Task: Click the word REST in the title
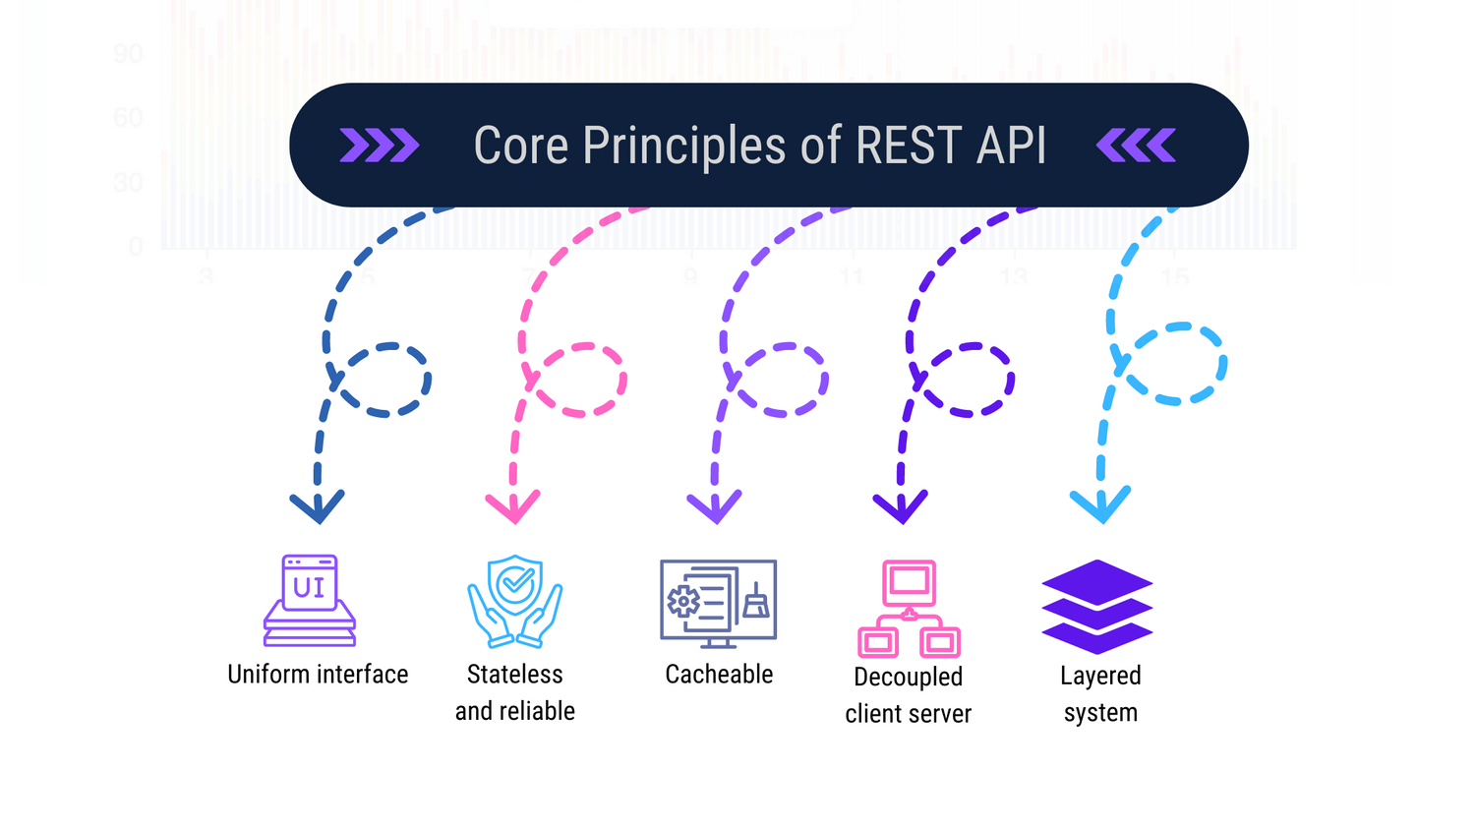[x=909, y=146]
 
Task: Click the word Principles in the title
[x=684, y=146]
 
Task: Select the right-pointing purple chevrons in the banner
[x=380, y=146]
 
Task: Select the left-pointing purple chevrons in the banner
[x=1136, y=146]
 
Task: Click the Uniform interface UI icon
[x=310, y=600]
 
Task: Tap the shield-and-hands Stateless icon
[x=514, y=601]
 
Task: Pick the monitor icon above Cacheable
[x=718, y=603]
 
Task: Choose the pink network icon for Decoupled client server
[x=909, y=609]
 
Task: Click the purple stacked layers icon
[x=1097, y=607]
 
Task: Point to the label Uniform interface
[x=318, y=675]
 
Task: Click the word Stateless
[x=514, y=675]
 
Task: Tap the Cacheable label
[x=719, y=675]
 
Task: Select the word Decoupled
[x=908, y=677]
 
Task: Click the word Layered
[x=1100, y=676]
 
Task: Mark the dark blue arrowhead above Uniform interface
[x=318, y=506]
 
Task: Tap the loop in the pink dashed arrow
[x=579, y=380]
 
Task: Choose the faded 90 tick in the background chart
[x=128, y=53]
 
